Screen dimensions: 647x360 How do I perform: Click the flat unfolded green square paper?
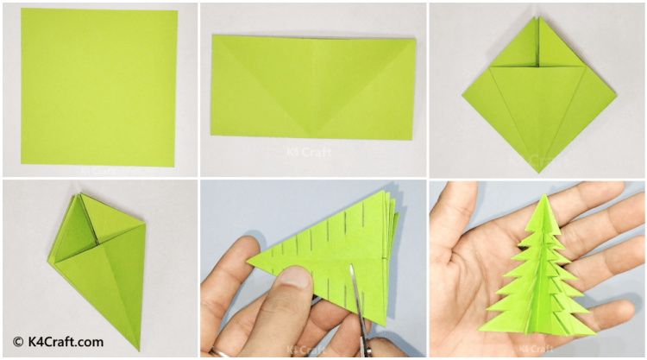pyautogui.click(x=99, y=87)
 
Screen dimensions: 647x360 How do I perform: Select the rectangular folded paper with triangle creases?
pyautogui.click(x=313, y=87)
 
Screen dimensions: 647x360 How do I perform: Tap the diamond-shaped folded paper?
pyautogui.click(x=539, y=95)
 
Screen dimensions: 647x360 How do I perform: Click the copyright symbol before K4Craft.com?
pyautogui.click(x=18, y=342)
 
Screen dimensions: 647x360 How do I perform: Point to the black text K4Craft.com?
pyautogui.click(x=66, y=342)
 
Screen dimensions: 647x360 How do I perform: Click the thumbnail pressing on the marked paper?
pyautogui.click(x=294, y=276)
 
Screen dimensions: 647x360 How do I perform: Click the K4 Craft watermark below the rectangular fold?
pyautogui.click(x=309, y=152)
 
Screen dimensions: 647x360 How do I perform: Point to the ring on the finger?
pyautogui.click(x=219, y=353)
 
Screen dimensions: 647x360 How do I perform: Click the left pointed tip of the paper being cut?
pyautogui.click(x=248, y=261)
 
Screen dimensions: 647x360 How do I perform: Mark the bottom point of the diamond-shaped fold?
pyautogui.click(x=538, y=173)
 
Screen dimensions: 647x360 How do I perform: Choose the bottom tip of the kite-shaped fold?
pyautogui.click(x=139, y=351)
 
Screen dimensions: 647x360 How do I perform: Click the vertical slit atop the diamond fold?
pyautogui.click(x=537, y=41)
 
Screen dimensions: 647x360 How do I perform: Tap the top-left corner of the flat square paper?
pyautogui.click(x=22, y=9)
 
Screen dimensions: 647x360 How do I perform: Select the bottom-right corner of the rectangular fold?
pyautogui.click(x=411, y=139)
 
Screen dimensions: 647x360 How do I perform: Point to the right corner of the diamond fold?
pyautogui.click(x=616, y=96)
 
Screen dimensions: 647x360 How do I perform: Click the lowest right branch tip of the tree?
pyautogui.click(x=596, y=333)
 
